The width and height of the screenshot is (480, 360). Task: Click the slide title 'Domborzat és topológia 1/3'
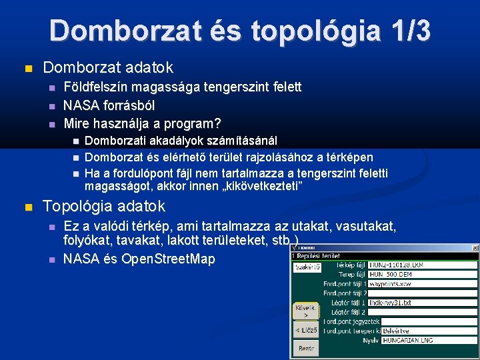coord(239,31)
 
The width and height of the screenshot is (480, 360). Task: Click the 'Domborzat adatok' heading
coord(107,67)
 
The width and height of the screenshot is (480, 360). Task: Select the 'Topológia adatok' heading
coord(103,207)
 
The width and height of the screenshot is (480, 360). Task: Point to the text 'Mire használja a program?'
coord(142,123)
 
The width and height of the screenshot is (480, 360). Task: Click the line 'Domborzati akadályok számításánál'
coord(181,141)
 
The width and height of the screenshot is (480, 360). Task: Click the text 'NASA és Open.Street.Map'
coord(139,259)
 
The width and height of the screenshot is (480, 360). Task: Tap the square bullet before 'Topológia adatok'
coord(27,207)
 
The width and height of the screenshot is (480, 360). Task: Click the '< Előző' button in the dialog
coord(307,330)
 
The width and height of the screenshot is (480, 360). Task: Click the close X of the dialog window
coord(475,247)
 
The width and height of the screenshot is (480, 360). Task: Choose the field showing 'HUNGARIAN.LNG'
coord(429,340)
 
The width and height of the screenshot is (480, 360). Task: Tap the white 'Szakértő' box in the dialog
coord(307,267)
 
